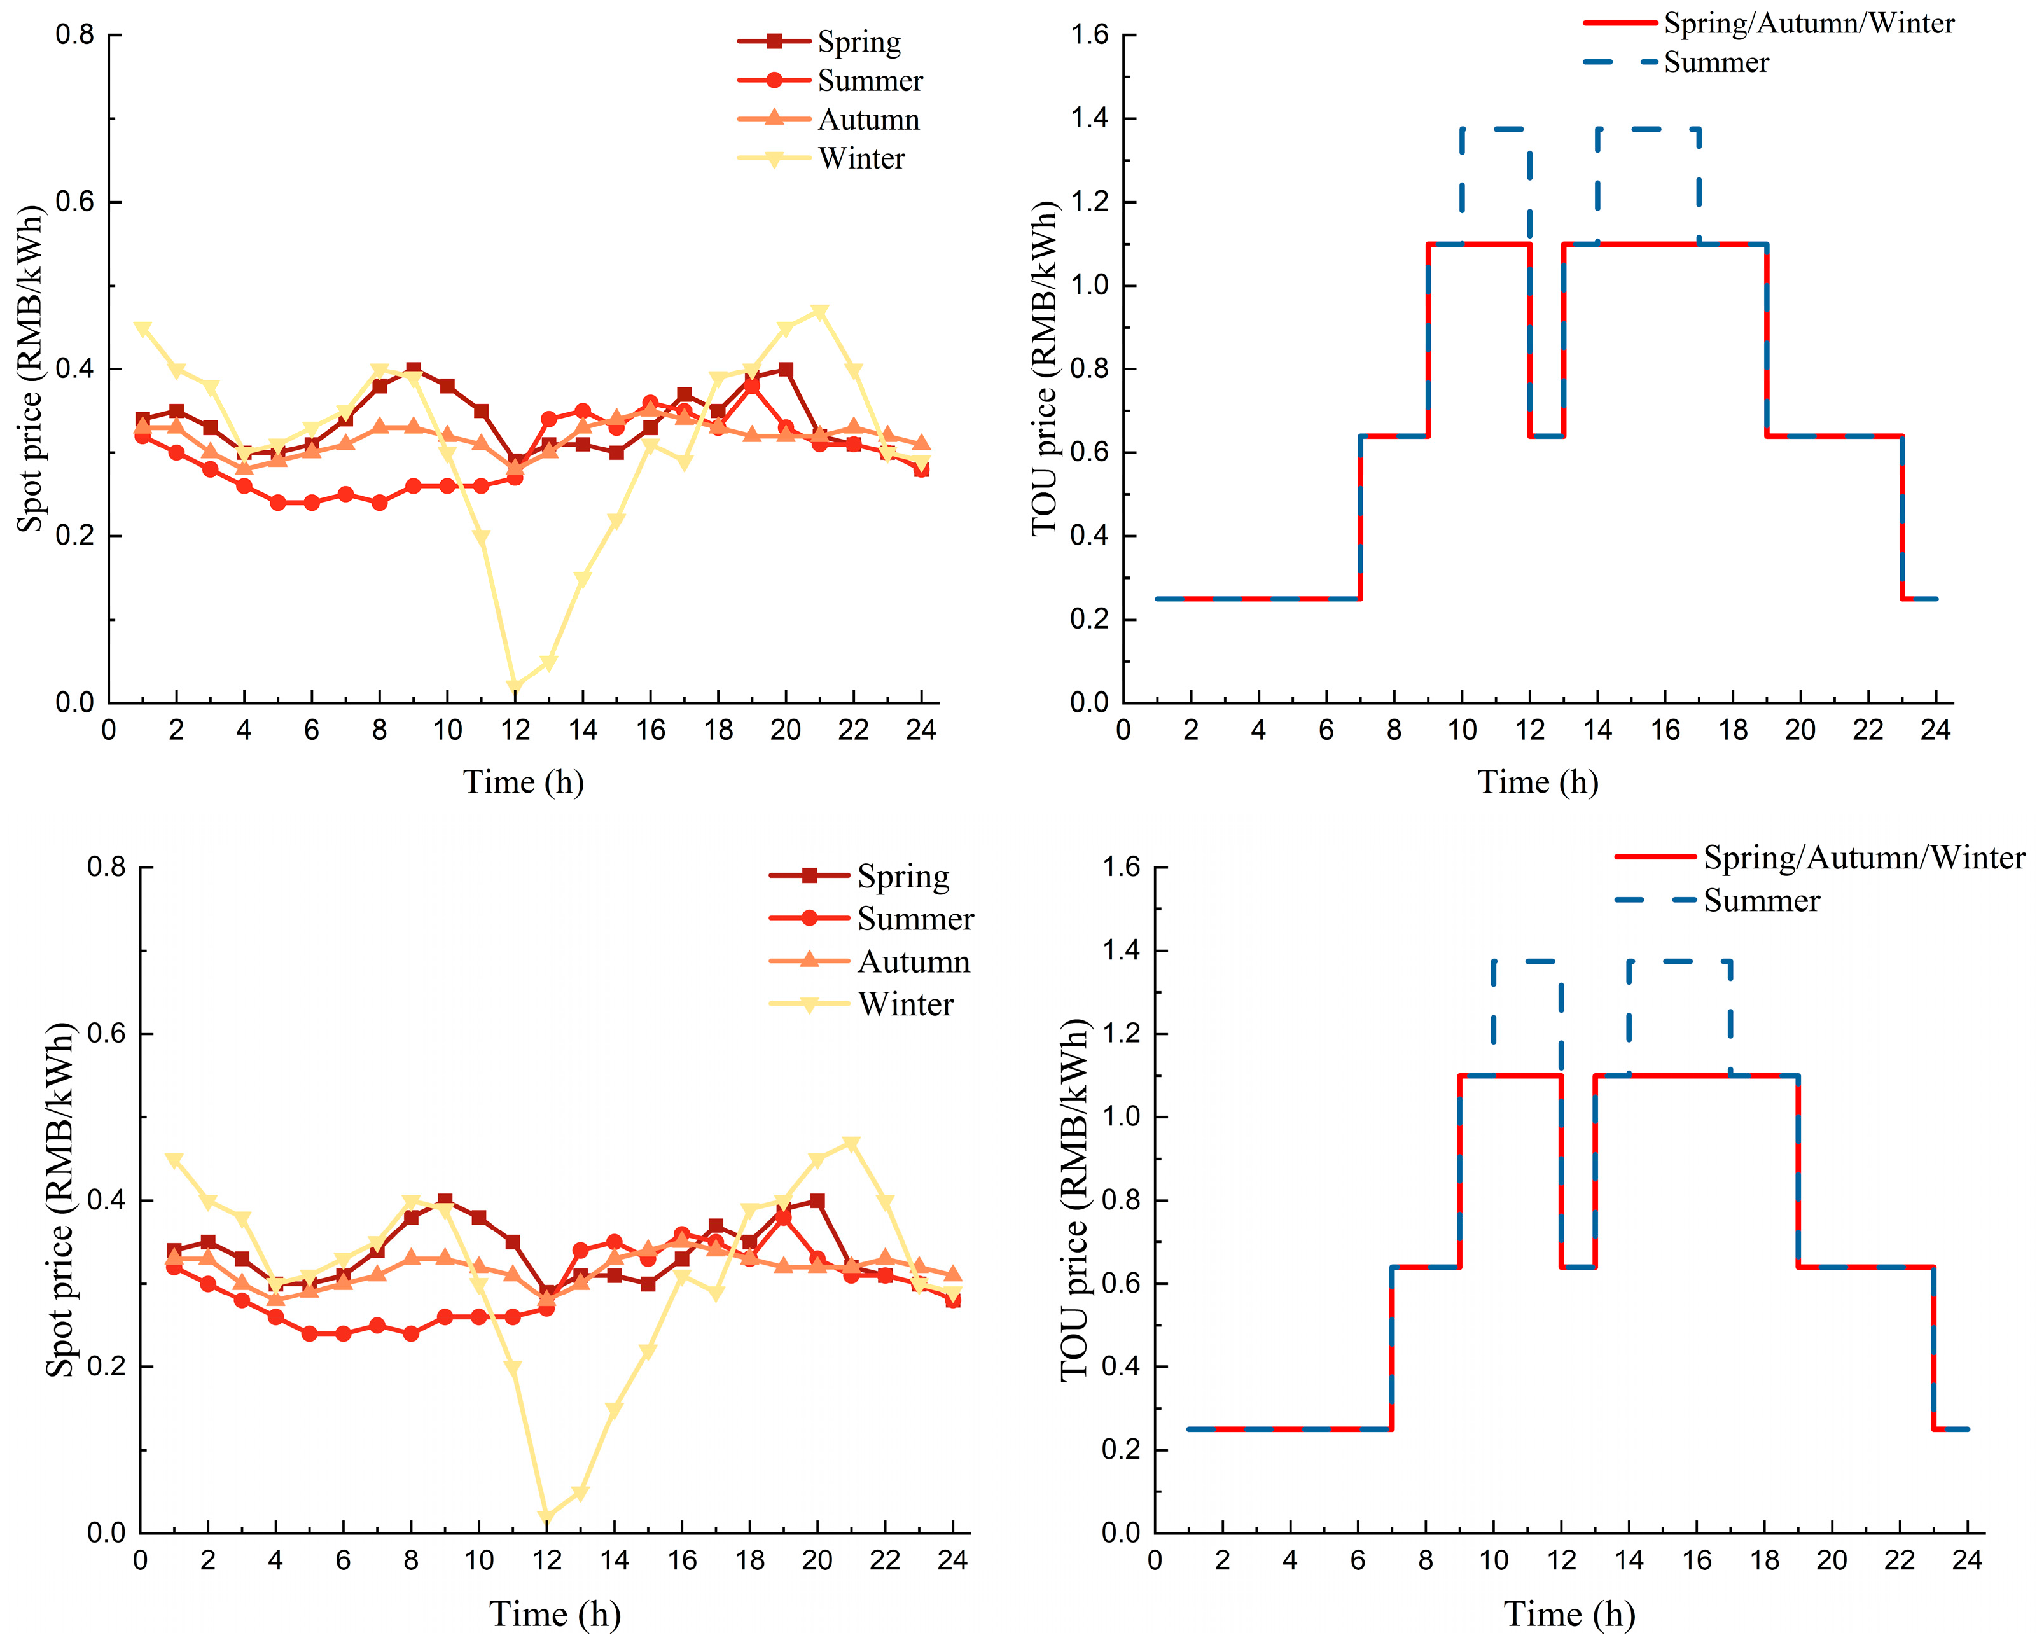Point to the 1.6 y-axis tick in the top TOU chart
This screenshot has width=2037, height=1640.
(x=1089, y=36)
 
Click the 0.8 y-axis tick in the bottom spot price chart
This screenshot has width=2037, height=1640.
(x=106, y=867)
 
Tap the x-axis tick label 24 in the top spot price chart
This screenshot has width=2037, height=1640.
(x=921, y=730)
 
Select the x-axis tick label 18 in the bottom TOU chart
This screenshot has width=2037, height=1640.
(x=1764, y=1560)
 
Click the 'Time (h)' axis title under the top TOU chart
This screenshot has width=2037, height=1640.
(x=1538, y=782)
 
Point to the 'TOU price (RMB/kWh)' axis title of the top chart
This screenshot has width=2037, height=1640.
(x=1044, y=368)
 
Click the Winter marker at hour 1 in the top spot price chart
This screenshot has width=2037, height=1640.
(x=143, y=329)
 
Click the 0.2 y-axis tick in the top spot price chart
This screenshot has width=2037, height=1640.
(x=74, y=536)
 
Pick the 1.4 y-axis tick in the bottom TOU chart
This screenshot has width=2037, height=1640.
(x=1122, y=950)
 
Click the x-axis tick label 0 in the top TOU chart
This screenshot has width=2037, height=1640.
(x=1123, y=730)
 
